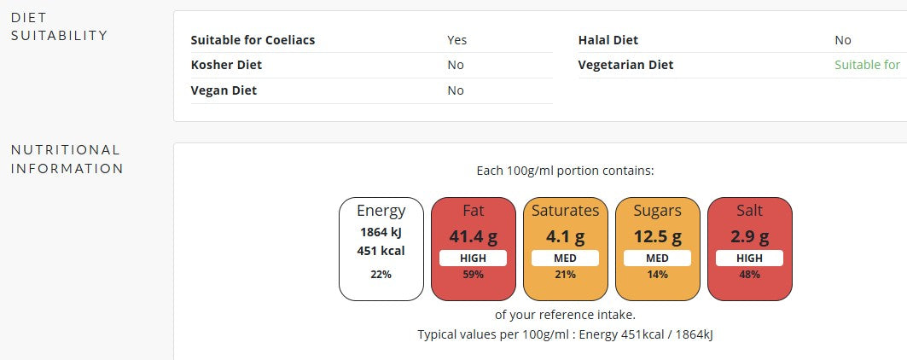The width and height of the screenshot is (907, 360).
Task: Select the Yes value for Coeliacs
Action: [456, 40]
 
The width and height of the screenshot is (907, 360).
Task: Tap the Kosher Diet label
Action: [226, 65]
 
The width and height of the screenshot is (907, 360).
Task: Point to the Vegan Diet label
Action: [224, 90]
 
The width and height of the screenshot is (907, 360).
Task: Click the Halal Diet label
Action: [608, 40]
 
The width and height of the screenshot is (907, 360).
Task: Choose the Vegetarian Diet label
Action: [625, 65]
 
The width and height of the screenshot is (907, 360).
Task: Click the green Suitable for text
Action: [867, 65]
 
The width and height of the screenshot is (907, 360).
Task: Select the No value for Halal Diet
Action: [842, 40]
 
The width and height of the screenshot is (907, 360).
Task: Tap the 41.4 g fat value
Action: [473, 236]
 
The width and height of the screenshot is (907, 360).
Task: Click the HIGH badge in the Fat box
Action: [473, 258]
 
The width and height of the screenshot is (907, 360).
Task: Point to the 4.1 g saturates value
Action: [565, 236]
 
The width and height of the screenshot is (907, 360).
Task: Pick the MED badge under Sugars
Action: [657, 258]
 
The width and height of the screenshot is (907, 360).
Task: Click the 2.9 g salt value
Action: [749, 236]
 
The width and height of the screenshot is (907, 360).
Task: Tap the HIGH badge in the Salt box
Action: [749, 258]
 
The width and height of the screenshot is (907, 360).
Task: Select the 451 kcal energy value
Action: [381, 251]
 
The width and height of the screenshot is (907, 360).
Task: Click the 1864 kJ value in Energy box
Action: [381, 232]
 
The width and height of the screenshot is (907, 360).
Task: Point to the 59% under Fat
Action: [473, 275]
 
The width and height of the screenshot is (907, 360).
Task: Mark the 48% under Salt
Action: [749, 275]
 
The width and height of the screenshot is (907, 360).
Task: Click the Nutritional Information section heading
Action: [67, 159]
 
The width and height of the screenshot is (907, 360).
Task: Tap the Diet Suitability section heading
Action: [59, 26]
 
